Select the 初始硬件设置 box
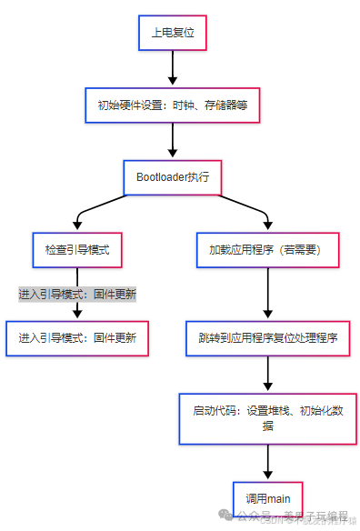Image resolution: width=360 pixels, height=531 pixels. pos(172,105)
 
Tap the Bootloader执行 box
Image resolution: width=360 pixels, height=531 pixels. pos(172,177)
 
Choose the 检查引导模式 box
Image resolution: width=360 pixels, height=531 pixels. pos(77,249)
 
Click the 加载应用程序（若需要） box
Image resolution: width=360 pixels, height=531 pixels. pos(266,249)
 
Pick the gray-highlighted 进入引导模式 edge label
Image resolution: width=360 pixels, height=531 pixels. pos(77,295)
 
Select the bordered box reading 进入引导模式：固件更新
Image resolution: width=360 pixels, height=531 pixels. pos(77,337)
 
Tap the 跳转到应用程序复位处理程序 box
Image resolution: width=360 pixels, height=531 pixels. pos(267,337)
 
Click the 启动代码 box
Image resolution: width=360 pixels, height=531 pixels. pos(267,417)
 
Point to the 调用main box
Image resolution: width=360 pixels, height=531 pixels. pos(267,498)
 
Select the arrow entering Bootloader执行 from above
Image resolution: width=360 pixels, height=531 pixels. pos(172,142)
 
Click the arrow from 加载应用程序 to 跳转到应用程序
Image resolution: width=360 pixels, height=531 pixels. pos(266,293)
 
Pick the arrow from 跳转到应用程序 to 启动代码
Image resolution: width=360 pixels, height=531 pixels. pos(267,373)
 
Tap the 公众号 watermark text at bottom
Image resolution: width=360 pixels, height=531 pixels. pos(260,516)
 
